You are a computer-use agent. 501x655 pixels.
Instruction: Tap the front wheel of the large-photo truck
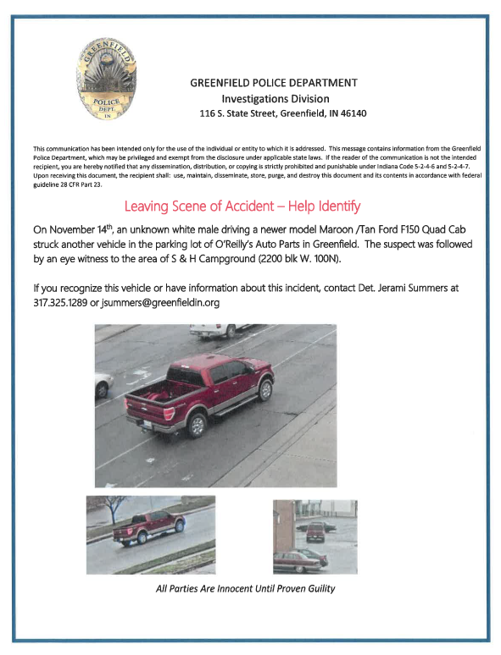pyautogui.click(x=265, y=389)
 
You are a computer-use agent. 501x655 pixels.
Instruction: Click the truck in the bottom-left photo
pyautogui.click(x=148, y=526)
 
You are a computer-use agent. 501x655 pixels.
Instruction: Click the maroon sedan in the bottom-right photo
pyautogui.click(x=298, y=559)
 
